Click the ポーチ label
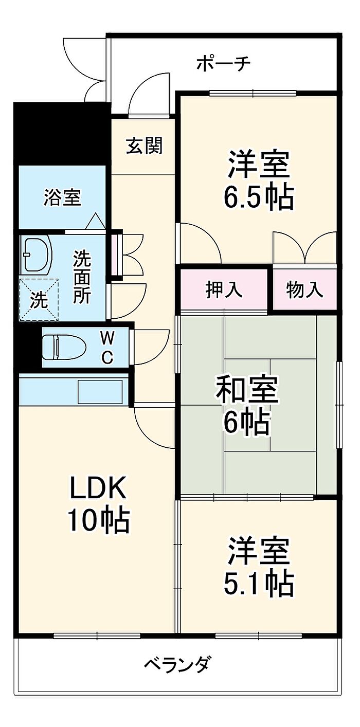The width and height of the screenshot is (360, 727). (x=223, y=64)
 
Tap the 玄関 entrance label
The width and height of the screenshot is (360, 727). (x=145, y=146)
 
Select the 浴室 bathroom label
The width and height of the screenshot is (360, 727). (x=62, y=197)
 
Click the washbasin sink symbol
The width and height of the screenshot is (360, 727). (x=38, y=253)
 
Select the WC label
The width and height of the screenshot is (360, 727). (x=107, y=348)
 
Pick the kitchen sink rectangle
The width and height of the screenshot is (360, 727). (x=100, y=392)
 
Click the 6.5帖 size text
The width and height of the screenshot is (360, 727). (x=259, y=196)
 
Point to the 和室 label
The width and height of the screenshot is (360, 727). (x=247, y=390)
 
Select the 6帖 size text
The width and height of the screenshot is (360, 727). (x=247, y=423)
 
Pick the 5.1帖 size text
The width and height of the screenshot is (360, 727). (x=259, y=583)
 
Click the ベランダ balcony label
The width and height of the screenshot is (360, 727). (x=176, y=664)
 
